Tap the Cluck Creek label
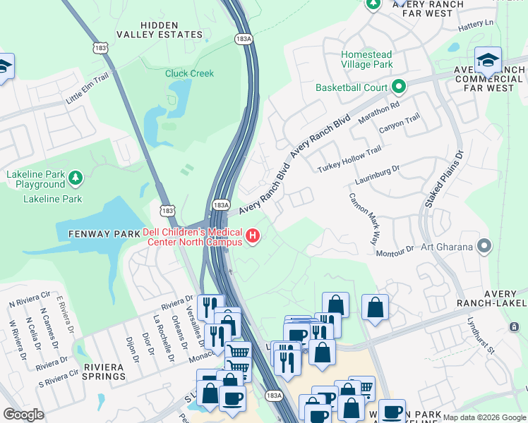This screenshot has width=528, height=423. point(189,73)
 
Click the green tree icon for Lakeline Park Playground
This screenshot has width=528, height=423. point(76,177)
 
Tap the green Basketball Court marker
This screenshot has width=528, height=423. point(399,87)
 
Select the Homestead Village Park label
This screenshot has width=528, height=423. point(366,59)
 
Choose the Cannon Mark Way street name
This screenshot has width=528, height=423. point(364,219)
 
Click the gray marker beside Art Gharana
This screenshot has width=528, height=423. point(484,246)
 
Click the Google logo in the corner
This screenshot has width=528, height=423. point(24,415)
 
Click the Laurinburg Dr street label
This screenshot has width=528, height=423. point(378,173)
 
